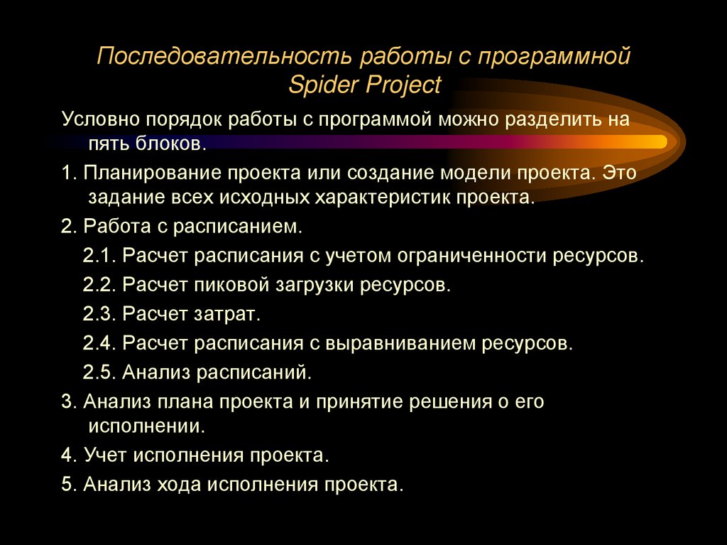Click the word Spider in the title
[325, 85]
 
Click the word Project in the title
[403, 85]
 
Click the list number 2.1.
[99, 255]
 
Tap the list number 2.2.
[99, 285]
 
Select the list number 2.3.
[99, 313]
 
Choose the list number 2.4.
[99, 342]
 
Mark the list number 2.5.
[99, 371]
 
